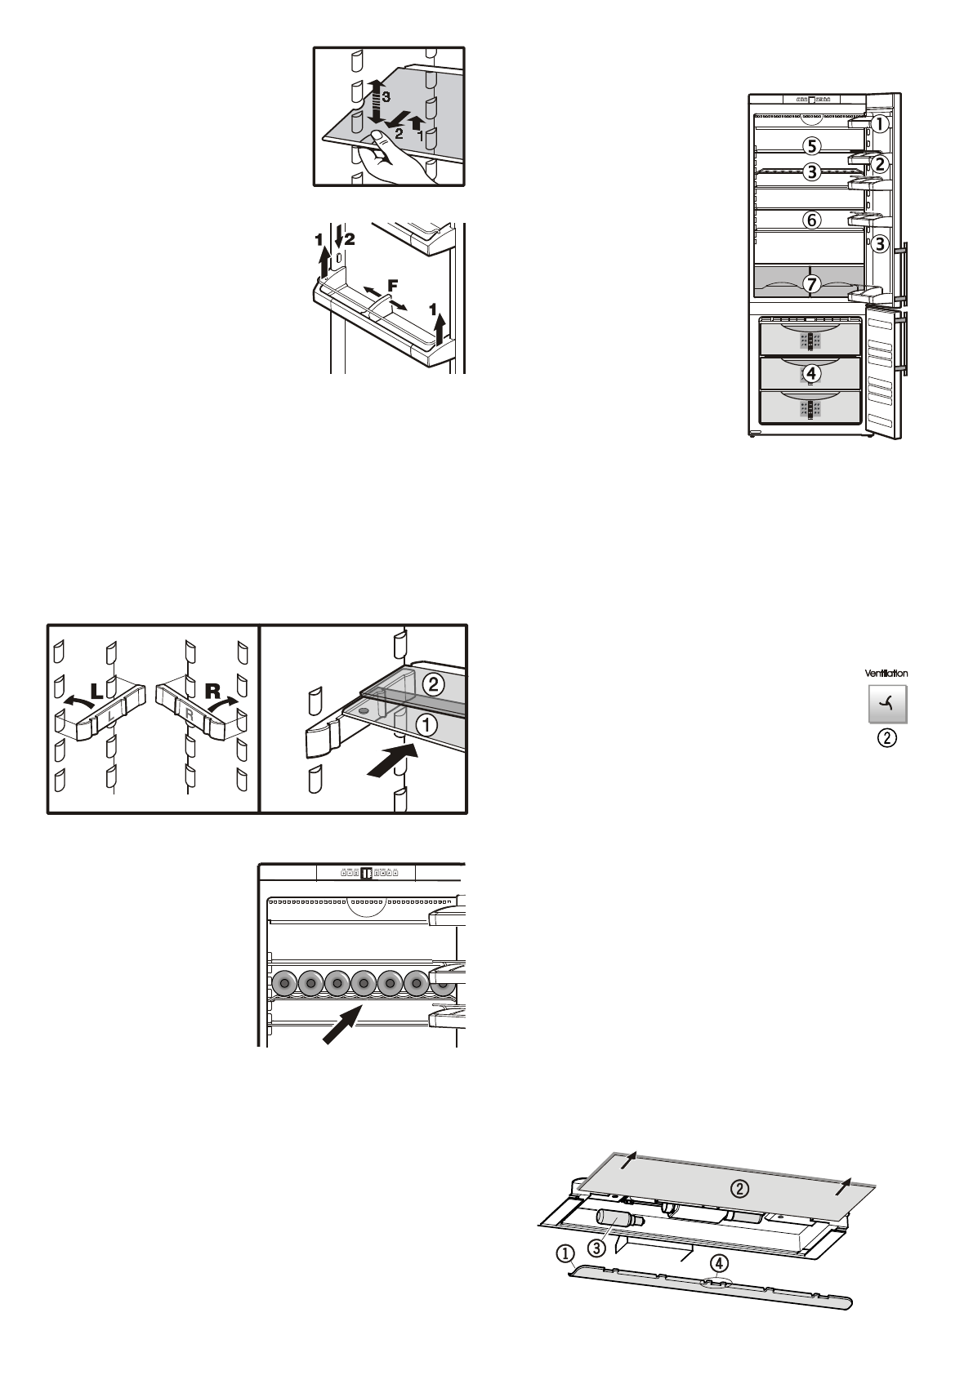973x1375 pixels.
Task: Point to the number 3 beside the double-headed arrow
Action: pyautogui.click(x=386, y=97)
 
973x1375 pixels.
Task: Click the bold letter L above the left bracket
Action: pyautogui.click(x=97, y=691)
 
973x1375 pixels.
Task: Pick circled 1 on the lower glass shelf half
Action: pyautogui.click(x=426, y=723)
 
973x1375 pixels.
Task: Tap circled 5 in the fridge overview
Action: pyautogui.click(x=810, y=146)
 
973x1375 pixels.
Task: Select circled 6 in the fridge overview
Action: pyautogui.click(x=810, y=220)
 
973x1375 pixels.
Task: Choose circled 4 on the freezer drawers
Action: pyautogui.click(x=810, y=373)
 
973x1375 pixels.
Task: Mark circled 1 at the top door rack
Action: pyautogui.click(x=879, y=125)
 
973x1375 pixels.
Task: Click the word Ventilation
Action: pyautogui.click(x=886, y=674)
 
